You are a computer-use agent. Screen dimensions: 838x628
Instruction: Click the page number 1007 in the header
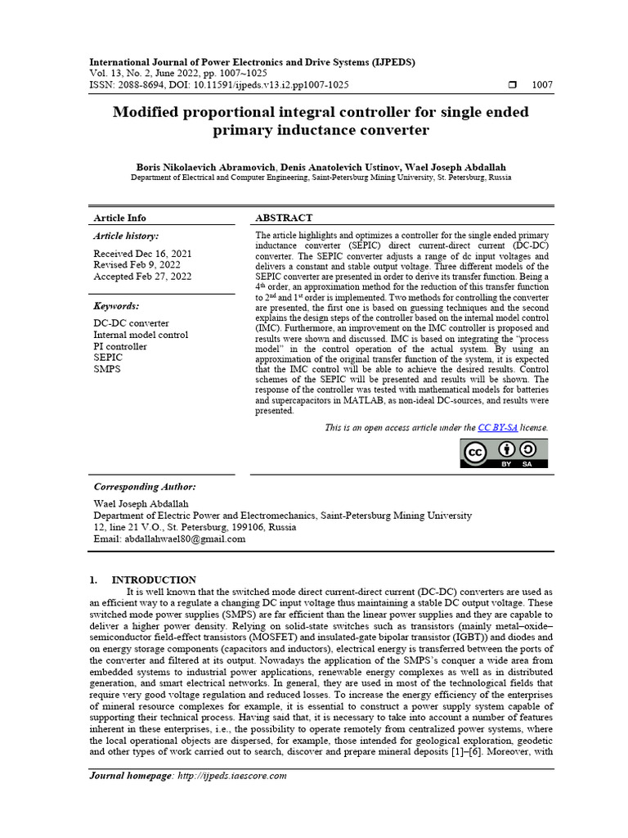[542, 85]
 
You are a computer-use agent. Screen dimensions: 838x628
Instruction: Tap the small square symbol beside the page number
[513, 85]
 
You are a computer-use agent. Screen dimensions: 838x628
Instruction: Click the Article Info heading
[120, 218]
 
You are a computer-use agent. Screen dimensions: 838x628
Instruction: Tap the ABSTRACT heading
[284, 218]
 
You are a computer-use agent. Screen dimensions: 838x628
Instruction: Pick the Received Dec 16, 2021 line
[142, 254]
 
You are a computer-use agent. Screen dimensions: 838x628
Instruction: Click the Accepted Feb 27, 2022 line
[142, 277]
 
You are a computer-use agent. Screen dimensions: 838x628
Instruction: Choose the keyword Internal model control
[141, 335]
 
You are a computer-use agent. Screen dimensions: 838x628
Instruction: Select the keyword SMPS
[107, 369]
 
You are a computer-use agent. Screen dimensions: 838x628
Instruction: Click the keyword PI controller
[120, 346]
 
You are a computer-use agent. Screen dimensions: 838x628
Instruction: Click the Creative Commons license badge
[505, 453]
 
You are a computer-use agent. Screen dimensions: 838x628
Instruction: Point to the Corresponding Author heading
[145, 486]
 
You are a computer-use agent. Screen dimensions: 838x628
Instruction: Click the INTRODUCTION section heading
[154, 579]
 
